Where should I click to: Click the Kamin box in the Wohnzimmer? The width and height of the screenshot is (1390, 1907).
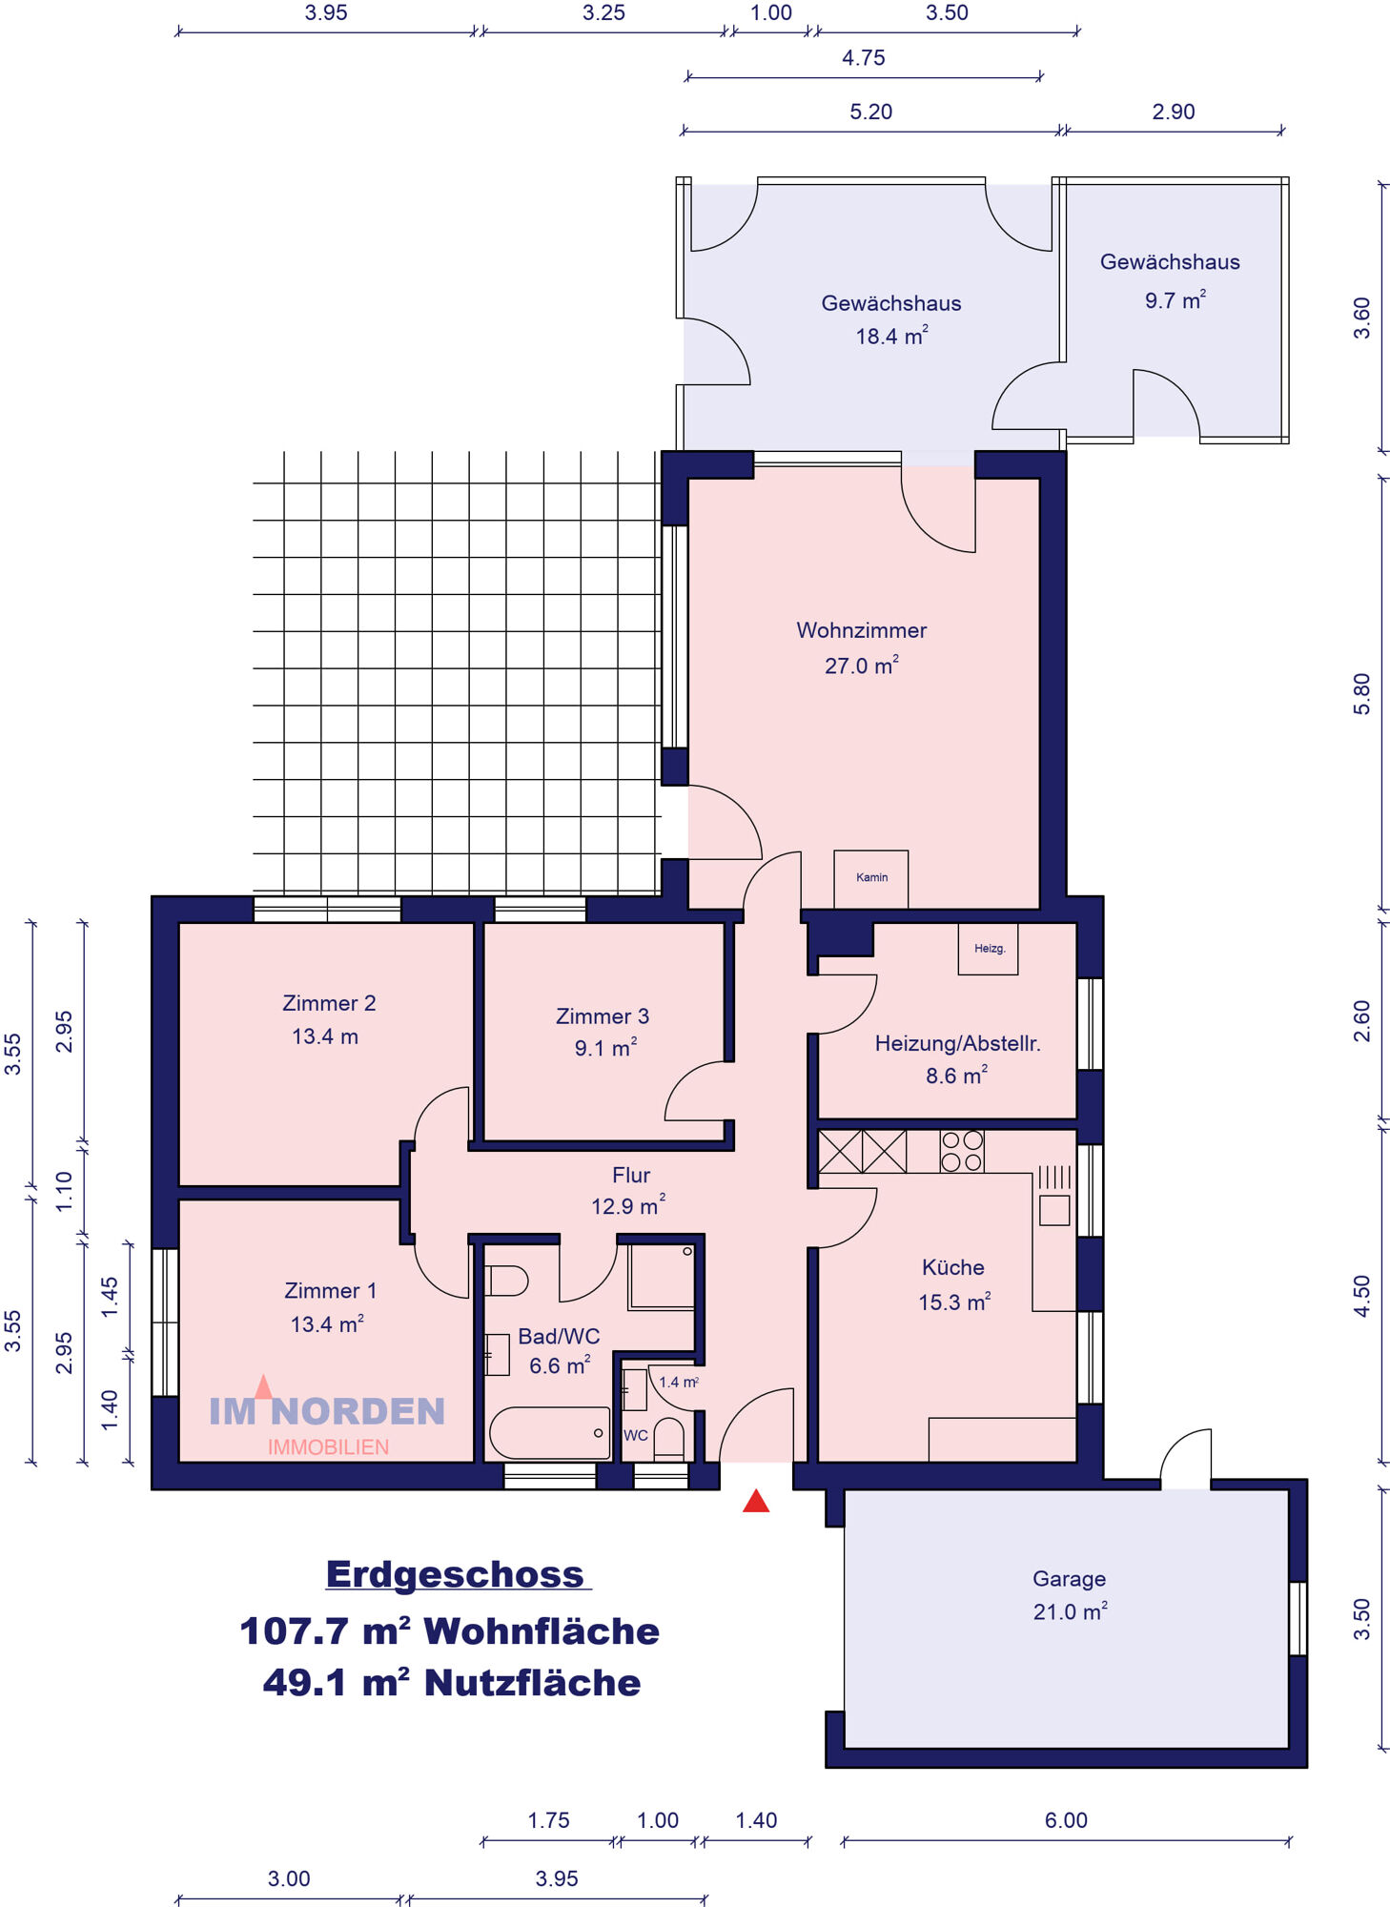click(x=871, y=878)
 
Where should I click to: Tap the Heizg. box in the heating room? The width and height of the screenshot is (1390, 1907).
click(x=989, y=948)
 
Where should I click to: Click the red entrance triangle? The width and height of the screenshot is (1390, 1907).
click(x=756, y=1501)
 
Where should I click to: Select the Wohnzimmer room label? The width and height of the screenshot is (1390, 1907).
click(x=862, y=630)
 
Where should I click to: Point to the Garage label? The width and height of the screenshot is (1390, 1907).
click(x=1069, y=1579)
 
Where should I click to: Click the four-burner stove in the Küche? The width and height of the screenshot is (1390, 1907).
click(x=961, y=1151)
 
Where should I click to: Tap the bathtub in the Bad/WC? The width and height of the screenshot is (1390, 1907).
click(x=549, y=1433)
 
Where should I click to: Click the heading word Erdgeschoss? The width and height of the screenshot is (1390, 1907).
click(x=455, y=1574)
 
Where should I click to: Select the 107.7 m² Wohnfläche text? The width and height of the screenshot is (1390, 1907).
click(x=449, y=1631)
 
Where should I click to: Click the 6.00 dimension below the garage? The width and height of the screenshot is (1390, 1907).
click(x=1066, y=1820)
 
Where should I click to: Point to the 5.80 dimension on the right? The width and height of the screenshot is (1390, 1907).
click(x=1361, y=693)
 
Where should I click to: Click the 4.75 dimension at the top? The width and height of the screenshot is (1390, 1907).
click(x=864, y=58)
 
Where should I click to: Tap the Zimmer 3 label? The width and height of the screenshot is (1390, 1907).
click(x=603, y=1016)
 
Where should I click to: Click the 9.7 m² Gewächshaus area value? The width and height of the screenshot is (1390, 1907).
click(x=1175, y=300)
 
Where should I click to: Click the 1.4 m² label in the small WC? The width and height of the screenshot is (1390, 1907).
click(x=679, y=1382)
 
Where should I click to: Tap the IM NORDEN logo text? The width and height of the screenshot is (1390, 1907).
click(x=327, y=1411)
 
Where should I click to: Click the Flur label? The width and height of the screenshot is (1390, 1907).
click(x=631, y=1175)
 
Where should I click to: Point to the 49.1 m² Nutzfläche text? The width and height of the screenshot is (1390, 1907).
click(x=452, y=1684)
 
